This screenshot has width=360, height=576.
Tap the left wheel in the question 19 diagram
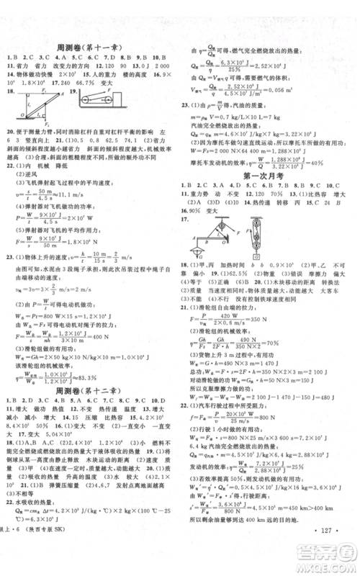tap(84, 101)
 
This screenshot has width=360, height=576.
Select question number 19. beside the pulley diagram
tap(75, 93)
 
